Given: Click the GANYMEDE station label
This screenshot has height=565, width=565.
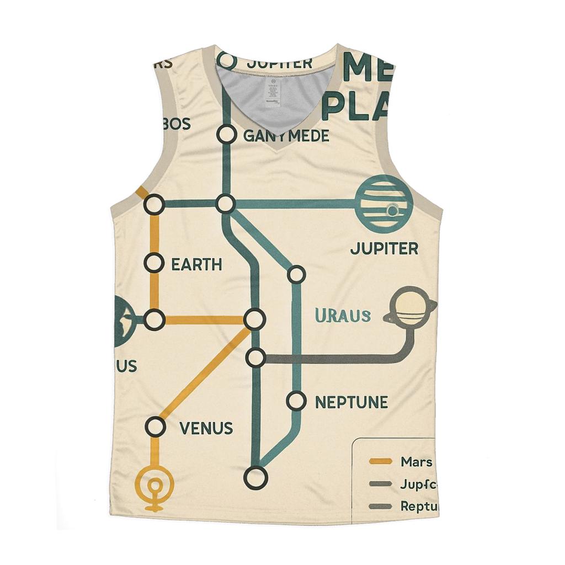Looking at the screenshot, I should [x=286, y=135].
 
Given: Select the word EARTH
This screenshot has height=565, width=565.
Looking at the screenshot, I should [x=196, y=264].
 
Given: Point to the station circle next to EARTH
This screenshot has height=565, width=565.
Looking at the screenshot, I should [x=154, y=263].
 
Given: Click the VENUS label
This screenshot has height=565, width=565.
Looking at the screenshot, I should [x=207, y=428].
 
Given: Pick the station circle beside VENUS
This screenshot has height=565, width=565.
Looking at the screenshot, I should [x=156, y=427].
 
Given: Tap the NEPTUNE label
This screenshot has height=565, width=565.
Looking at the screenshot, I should [x=351, y=402].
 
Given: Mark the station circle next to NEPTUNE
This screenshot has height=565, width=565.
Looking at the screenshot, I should [x=296, y=401].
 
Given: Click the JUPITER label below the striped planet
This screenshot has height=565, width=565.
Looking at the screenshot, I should [x=384, y=248].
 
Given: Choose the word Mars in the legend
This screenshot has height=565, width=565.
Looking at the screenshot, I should [x=417, y=462].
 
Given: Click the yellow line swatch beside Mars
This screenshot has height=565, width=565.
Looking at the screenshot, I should [x=381, y=461].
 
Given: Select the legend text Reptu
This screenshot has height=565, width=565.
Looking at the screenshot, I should [x=418, y=505].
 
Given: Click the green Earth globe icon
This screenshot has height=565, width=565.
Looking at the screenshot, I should [x=124, y=321].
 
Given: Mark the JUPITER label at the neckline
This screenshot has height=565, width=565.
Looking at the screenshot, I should [x=279, y=62].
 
